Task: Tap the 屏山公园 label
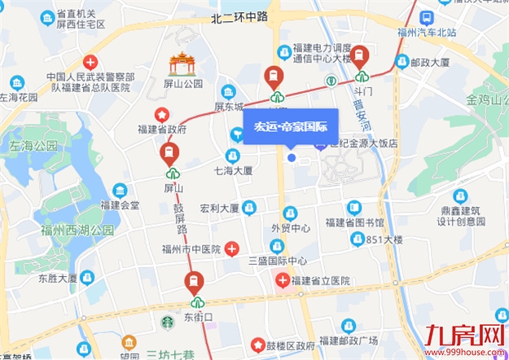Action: point(181,84)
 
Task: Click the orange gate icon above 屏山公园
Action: point(181,64)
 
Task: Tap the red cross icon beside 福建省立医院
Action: point(282,280)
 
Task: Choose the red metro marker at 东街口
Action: point(194,284)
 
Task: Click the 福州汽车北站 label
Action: point(424,33)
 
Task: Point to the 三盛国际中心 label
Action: point(277,261)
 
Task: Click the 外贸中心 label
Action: point(291,228)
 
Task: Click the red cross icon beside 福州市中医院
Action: point(232,248)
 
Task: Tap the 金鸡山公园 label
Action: point(486,100)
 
